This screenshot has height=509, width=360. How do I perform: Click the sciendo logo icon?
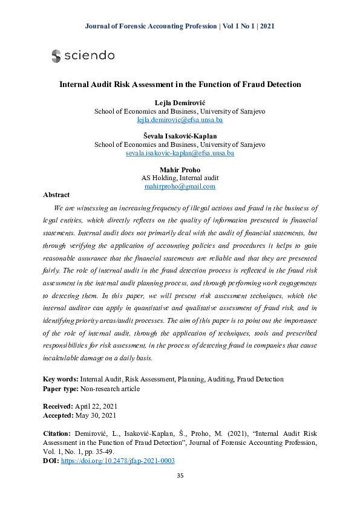click(x=56, y=56)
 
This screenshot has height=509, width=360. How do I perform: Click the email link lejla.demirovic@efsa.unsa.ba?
click(x=180, y=120)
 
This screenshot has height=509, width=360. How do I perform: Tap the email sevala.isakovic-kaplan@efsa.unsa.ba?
click(x=180, y=154)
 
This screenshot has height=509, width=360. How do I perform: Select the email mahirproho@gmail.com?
click(x=180, y=187)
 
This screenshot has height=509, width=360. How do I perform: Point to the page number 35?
click(x=180, y=476)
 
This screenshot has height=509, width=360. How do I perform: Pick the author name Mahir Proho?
click(x=180, y=169)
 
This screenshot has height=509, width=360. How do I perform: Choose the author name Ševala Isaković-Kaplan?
click(x=180, y=136)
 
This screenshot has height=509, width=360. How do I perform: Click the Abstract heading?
click(x=56, y=195)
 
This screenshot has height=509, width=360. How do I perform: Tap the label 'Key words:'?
click(x=61, y=379)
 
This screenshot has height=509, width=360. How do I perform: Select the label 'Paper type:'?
click(x=61, y=389)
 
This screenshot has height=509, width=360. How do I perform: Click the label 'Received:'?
click(x=58, y=406)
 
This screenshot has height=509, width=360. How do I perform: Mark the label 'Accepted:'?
click(x=58, y=416)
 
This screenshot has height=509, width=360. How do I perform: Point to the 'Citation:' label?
click(x=58, y=434)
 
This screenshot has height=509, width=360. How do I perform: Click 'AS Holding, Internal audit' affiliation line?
click(x=180, y=178)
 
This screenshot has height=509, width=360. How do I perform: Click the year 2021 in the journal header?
click(x=267, y=26)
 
